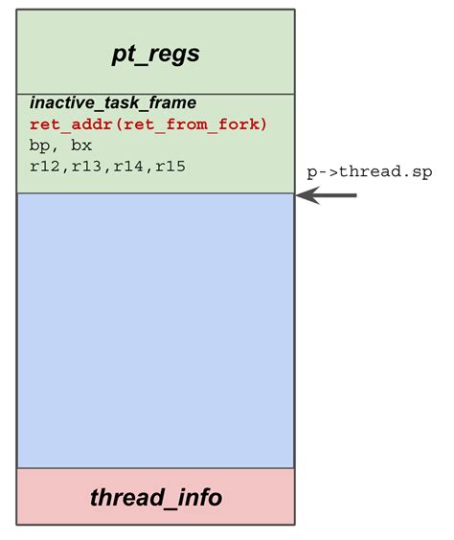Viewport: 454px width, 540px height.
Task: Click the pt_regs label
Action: point(155,54)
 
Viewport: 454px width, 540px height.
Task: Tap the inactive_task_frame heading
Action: point(113,102)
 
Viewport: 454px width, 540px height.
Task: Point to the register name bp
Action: point(39,146)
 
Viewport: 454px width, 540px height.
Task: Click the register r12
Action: point(44,167)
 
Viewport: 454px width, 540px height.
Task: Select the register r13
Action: point(85,167)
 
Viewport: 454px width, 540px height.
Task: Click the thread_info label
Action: point(155,498)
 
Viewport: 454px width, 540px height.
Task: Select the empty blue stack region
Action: point(155,330)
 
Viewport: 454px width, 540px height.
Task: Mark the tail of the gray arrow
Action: point(354,195)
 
